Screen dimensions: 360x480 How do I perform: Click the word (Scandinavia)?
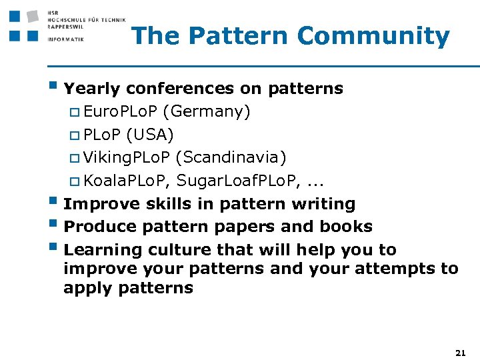(231, 157)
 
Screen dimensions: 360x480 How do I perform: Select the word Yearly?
(93, 89)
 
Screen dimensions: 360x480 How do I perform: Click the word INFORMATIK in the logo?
(66, 39)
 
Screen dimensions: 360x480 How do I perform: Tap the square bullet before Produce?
(53, 225)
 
